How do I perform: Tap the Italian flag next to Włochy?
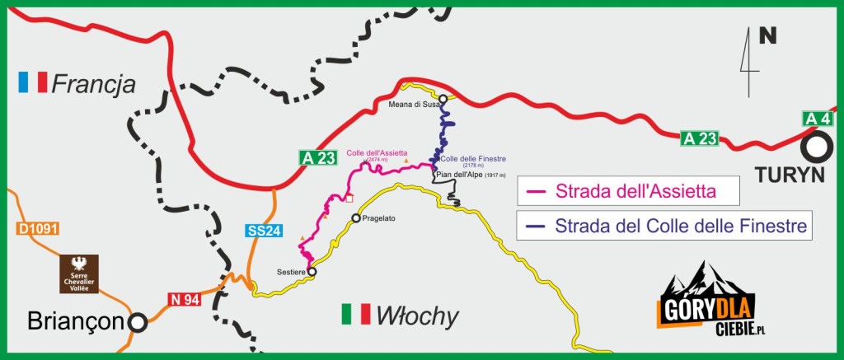point(356,314)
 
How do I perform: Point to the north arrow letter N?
point(767,36)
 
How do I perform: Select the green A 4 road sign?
point(817,119)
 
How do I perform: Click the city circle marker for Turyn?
point(817,148)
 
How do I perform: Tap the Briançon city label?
point(75,321)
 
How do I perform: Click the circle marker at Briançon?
point(137,322)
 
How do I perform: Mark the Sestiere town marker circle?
point(312,271)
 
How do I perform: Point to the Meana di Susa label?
point(412,105)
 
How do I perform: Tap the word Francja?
point(92,82)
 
